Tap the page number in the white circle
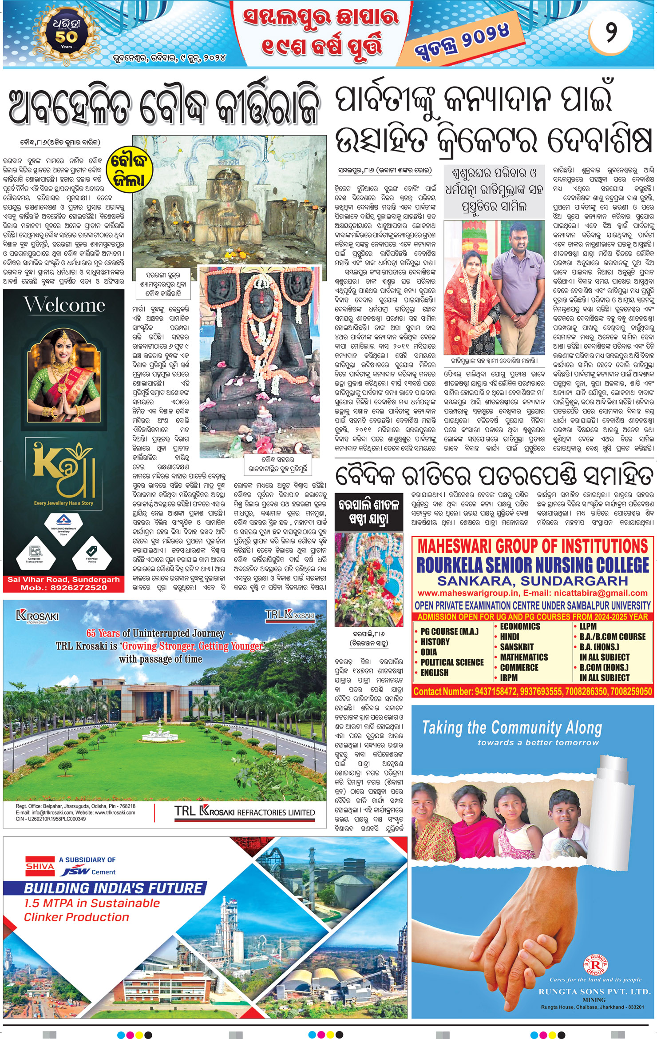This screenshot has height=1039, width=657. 611,32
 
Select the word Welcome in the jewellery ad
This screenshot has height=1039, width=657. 64,305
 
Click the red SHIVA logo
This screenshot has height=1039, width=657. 40,866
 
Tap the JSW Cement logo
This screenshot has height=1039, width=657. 89,872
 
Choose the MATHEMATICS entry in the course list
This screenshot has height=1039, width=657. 523,657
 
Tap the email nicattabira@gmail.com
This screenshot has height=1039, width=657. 598,593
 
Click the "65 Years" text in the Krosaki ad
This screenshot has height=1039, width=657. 103,633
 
